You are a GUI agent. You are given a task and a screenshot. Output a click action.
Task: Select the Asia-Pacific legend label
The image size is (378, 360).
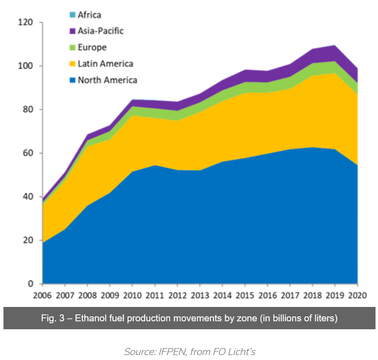coord(100,31)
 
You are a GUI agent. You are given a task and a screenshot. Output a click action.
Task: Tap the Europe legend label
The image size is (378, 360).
coord(92,48)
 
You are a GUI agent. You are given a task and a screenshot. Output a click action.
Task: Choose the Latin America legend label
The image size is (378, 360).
coord(105,63)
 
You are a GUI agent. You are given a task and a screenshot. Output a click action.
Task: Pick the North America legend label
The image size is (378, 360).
coord(107,80)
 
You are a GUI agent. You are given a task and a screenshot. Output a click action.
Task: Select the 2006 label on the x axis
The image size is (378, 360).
coord(43,296)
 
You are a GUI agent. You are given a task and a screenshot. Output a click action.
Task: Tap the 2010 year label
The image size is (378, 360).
coord(132,296)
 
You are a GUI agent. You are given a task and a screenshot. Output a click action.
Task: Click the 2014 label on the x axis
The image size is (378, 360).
coord(222,296)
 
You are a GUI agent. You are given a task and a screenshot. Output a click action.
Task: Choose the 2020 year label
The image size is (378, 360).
coord(357,296)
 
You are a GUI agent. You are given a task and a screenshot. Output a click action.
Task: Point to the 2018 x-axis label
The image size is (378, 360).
coord(312,296)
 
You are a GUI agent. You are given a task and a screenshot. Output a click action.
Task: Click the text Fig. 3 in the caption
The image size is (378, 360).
coord(54,318)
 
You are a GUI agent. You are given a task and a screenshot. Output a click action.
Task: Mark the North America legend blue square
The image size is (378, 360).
coord(72,80)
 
